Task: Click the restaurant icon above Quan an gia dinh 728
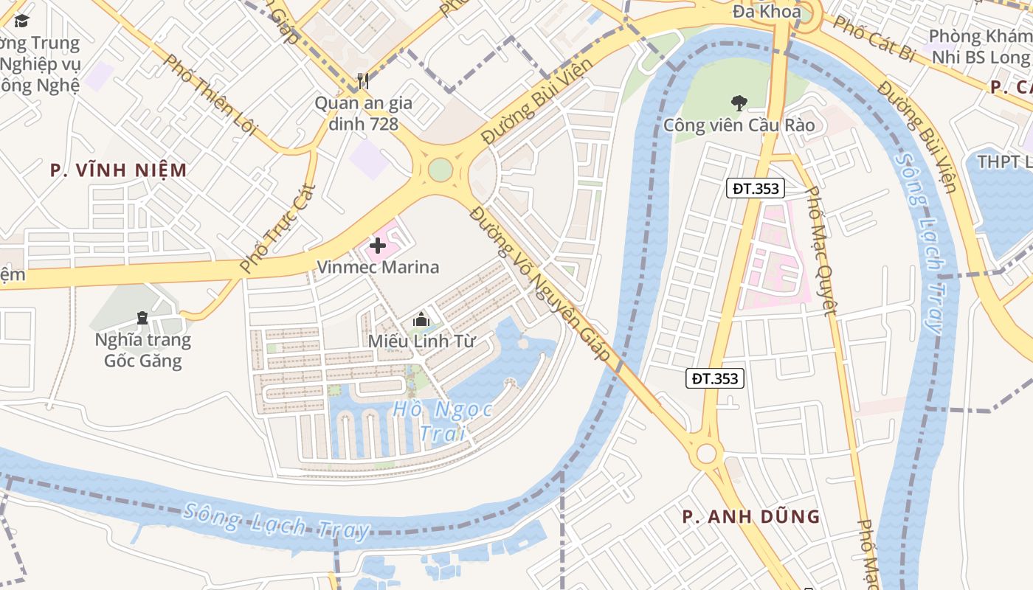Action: click(x=362, y=80)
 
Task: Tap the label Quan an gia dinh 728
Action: click(x=363, y=113)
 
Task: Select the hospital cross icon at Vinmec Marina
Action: click(x=378, y=246)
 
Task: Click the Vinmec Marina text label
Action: click(x=378, y=267)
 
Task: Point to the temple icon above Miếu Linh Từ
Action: click(x=421, y=319)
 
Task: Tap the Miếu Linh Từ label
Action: click(x=421, y=341)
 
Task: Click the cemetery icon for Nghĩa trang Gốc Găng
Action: click(x=142, y=318)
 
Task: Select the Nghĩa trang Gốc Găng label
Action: click(x=142, y=350)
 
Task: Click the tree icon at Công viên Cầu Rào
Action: click(x=739, y=103)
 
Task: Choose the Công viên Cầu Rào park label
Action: click(x=739, y=125)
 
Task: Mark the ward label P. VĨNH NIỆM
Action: click(x=119, y=170)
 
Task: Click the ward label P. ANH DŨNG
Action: click(x=751, y=516)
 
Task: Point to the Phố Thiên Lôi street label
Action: click(x=210, y=94)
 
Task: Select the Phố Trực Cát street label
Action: click(x=278, y=228)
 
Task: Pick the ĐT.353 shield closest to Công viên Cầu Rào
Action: click(x=756, y=189)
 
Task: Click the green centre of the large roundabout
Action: click(x=440, y=170)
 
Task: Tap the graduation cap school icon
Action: click(x=21, y=21)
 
